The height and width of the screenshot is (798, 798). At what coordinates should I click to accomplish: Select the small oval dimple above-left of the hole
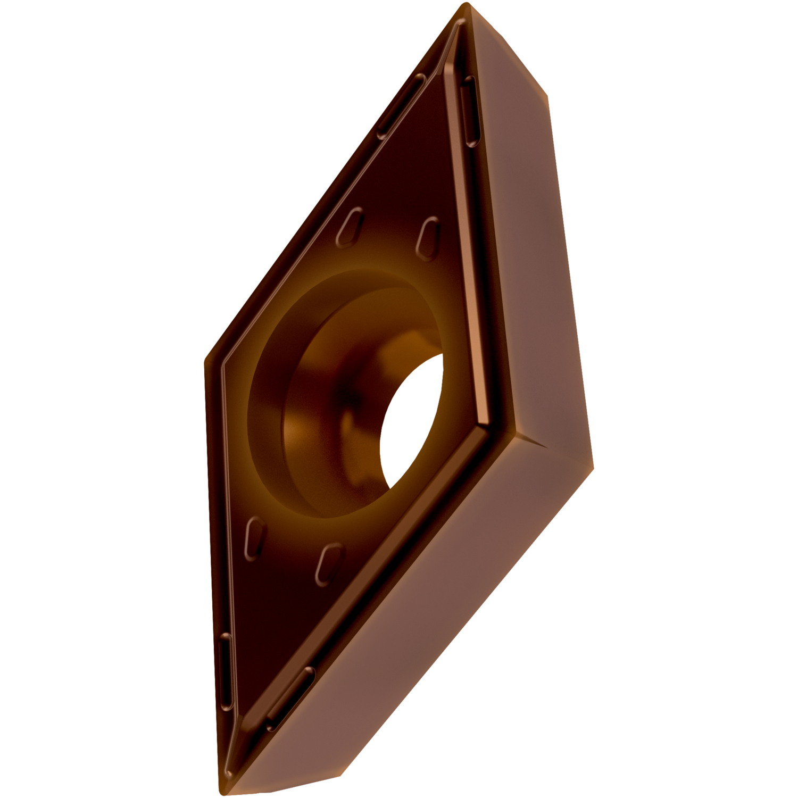pos(350,227)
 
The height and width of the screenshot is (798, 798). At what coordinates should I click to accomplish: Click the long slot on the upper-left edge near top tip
pos(402,106)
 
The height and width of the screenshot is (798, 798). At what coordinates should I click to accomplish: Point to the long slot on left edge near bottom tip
pos(226,673)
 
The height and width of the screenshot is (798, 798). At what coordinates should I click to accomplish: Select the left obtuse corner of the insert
pos(206,362)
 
